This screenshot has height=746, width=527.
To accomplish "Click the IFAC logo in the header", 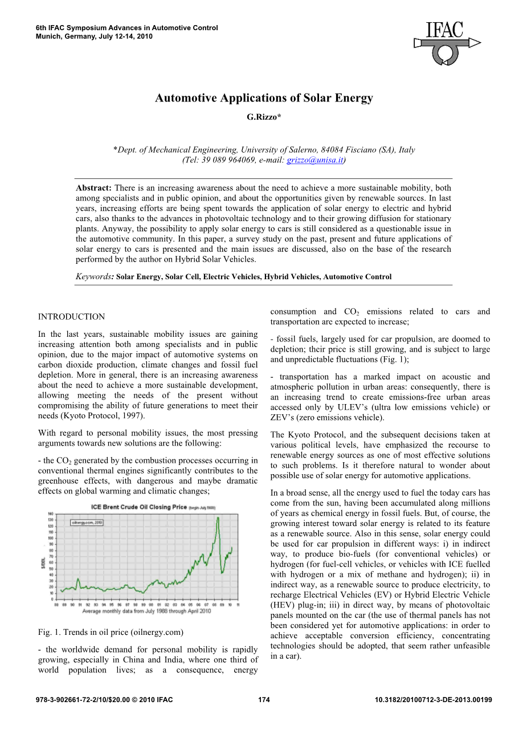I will click(447, 42).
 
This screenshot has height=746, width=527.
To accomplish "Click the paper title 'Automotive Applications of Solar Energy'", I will click(264, 98).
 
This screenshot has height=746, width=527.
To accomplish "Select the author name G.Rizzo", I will click(263, 117).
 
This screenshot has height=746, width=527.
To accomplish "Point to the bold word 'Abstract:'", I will click(93, 188).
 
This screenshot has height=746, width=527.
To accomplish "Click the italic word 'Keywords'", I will click(94, 277).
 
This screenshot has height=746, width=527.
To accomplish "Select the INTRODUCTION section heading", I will click(71, 317).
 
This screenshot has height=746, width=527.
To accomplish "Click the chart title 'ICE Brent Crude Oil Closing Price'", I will click(139, 507).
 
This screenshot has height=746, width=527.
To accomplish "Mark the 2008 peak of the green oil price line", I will click(217, 517).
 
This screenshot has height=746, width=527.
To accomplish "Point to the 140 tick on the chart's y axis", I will click(50, 513).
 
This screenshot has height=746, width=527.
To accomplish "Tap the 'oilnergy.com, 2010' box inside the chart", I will click(87, 522).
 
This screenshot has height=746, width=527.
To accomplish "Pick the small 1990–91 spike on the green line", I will click(77, 580).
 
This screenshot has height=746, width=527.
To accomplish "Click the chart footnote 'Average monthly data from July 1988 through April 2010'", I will click(146, 611).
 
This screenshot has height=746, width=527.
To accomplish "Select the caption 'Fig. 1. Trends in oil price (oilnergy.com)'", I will click(111, 632).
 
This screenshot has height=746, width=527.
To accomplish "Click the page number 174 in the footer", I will click(264, 700).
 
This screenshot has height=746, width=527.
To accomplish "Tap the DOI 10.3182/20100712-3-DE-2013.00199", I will click(434, 700).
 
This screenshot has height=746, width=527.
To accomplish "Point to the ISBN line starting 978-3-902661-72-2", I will click(104, 700).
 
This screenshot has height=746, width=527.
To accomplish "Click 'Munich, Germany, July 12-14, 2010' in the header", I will click(94, 36).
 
